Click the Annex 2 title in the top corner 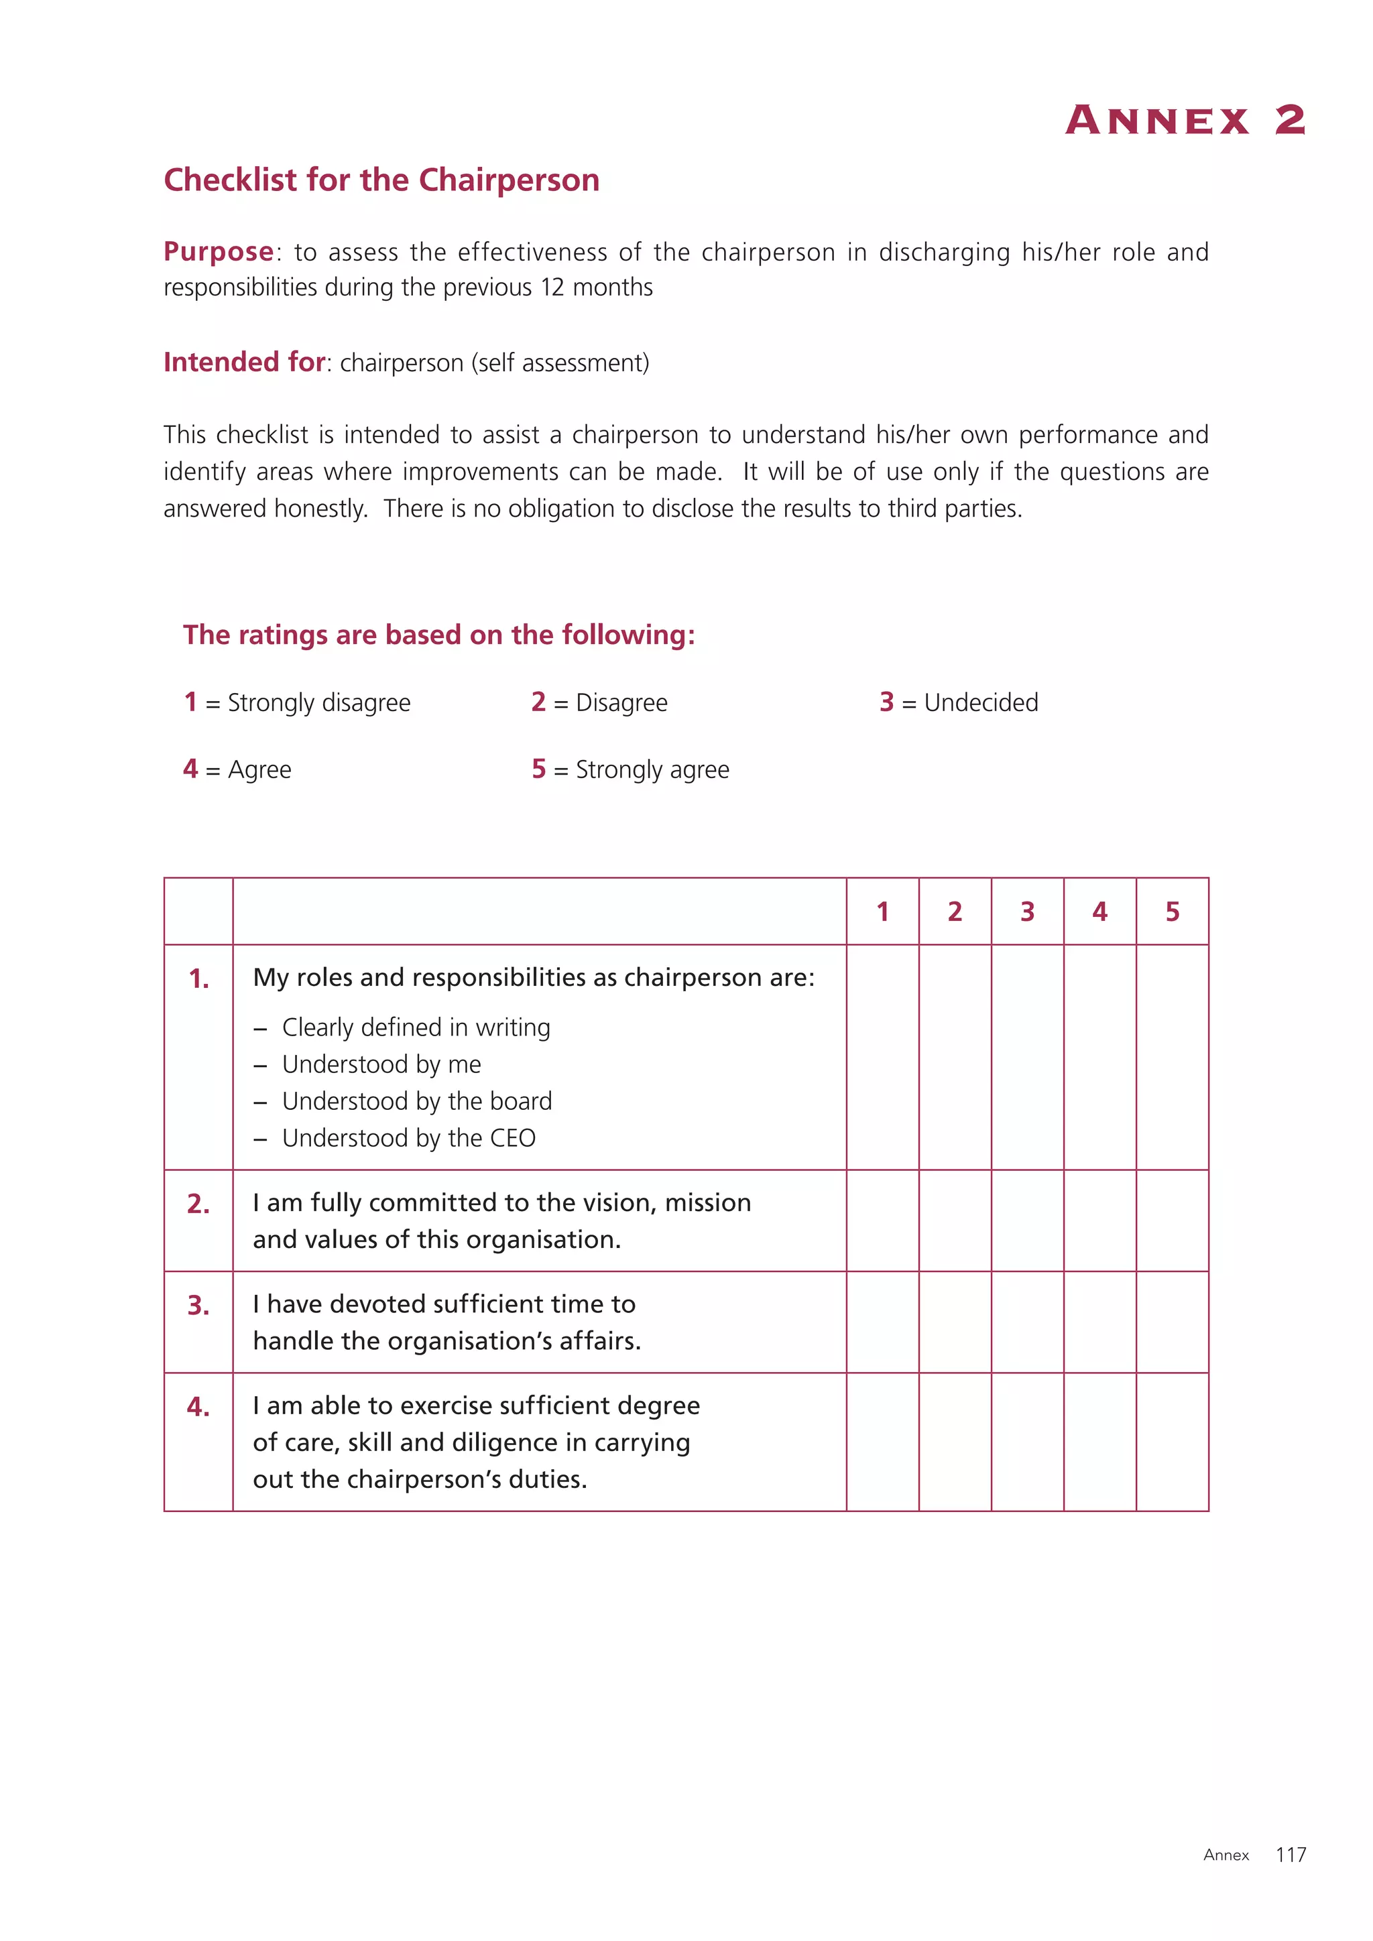coord(1185,120)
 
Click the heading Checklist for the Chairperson coord(381,180)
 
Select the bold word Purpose coord(218,251)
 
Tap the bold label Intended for coord(244,362)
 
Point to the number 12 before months coord(552,288)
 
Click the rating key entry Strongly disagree coord(318,702)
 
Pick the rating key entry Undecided coord(980,702)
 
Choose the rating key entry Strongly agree coord(652,769)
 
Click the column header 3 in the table coord(1027,912)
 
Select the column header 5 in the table coord(1172,912)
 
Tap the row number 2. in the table coord(198,1204)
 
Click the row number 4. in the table coord(198,1407)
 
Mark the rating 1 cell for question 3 coord(883,1322)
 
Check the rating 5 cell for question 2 coord(1172,1220)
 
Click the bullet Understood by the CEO coord(408,1138)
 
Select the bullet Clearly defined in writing coord(416,1027)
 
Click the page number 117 coord(1291,1855)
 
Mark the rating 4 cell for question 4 coord(1099,1442)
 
